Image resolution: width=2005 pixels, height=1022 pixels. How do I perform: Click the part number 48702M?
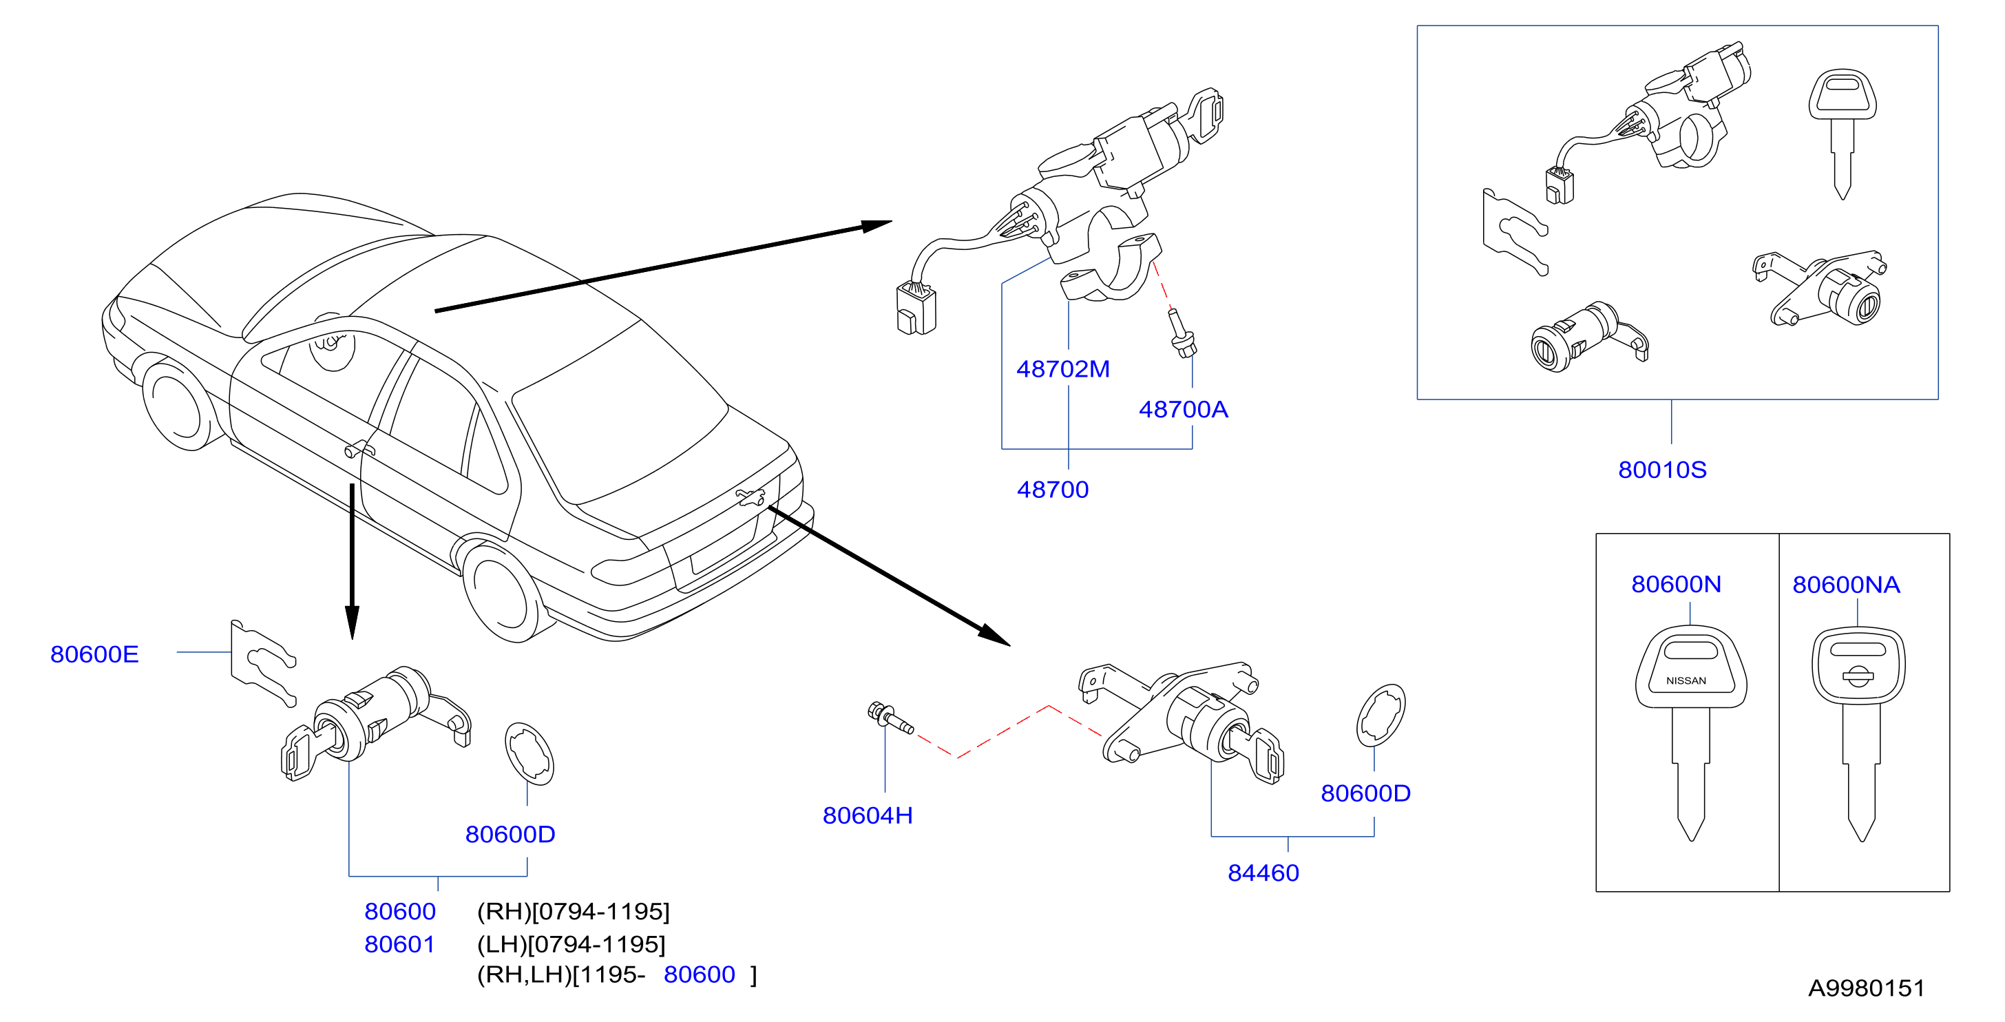pyautogui.click(x=1062, y=369)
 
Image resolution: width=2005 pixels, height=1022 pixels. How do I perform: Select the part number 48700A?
pyautogui.click(x=1183, y=410)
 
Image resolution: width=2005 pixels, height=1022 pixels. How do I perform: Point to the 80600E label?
pyautogui.click(x=94, y=654)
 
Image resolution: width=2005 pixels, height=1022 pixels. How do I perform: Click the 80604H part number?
pyautogui.click(x=867, y=815)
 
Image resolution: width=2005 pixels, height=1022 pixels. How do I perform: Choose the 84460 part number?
pyautogui.click(x=1263, y=873)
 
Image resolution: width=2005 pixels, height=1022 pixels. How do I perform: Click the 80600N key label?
pyautogui.click(x=1676, y=584)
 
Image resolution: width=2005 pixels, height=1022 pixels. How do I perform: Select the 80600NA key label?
pyautogui.click(x=1845, y=585)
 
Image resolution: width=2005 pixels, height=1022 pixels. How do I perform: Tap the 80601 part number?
pyautogui.click(x=399, y=944)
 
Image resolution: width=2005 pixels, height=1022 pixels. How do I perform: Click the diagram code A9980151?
pyautogui.click(x=1866, y=988)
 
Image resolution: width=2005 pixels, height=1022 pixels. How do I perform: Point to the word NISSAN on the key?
pyautogui.click(x=1686, y=680)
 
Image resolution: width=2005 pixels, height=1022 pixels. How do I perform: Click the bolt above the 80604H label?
pyautogui.click(x=890, y=718)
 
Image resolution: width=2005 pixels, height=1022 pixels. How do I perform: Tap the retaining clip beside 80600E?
pyautogui.click(x=263, y=663)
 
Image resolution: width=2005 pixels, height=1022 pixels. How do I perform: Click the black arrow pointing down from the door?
pyautogui.click(x=352, y=561)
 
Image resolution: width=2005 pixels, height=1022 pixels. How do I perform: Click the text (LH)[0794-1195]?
pyautogui.click(x=571, y=944)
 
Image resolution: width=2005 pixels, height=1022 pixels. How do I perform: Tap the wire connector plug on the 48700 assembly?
pyautogui.click(x=916, y=309)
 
